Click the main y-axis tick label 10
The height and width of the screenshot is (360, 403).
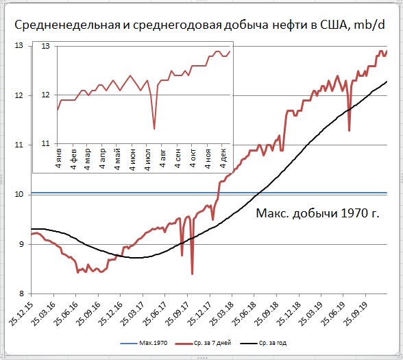click(x=19, y=194)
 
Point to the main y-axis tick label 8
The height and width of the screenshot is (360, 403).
click(x=21, y=293)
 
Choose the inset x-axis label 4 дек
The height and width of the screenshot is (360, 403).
click(x=223, y=158)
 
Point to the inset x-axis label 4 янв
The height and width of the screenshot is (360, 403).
click(x=59, y=158)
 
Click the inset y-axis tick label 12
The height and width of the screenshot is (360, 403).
click(x=45, y=95)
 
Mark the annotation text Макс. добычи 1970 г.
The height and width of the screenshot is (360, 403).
click(x=318, y=213)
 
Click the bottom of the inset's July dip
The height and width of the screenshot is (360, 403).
click(x=154, y=129)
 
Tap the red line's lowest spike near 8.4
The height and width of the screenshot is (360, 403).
click(x=192, y=274)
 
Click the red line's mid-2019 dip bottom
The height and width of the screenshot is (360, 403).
click(x=350, y=131)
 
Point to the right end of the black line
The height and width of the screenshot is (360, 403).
click(x=387, y=82)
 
